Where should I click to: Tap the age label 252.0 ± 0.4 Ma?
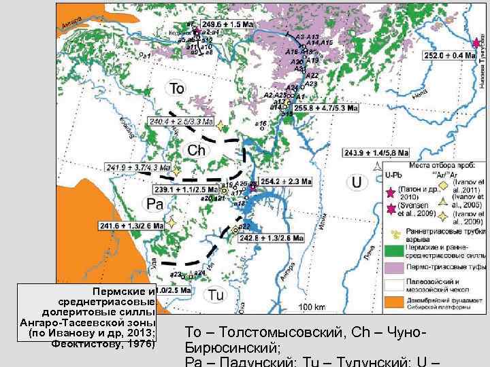(448, 56)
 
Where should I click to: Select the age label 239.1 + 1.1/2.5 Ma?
(186, 190)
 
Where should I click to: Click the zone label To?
(177, 88)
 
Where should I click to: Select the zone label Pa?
(154, 204)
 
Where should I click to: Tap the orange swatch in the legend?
(393, 301)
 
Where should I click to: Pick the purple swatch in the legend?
(393, 268)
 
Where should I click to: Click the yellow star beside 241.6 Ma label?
(173, 222)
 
